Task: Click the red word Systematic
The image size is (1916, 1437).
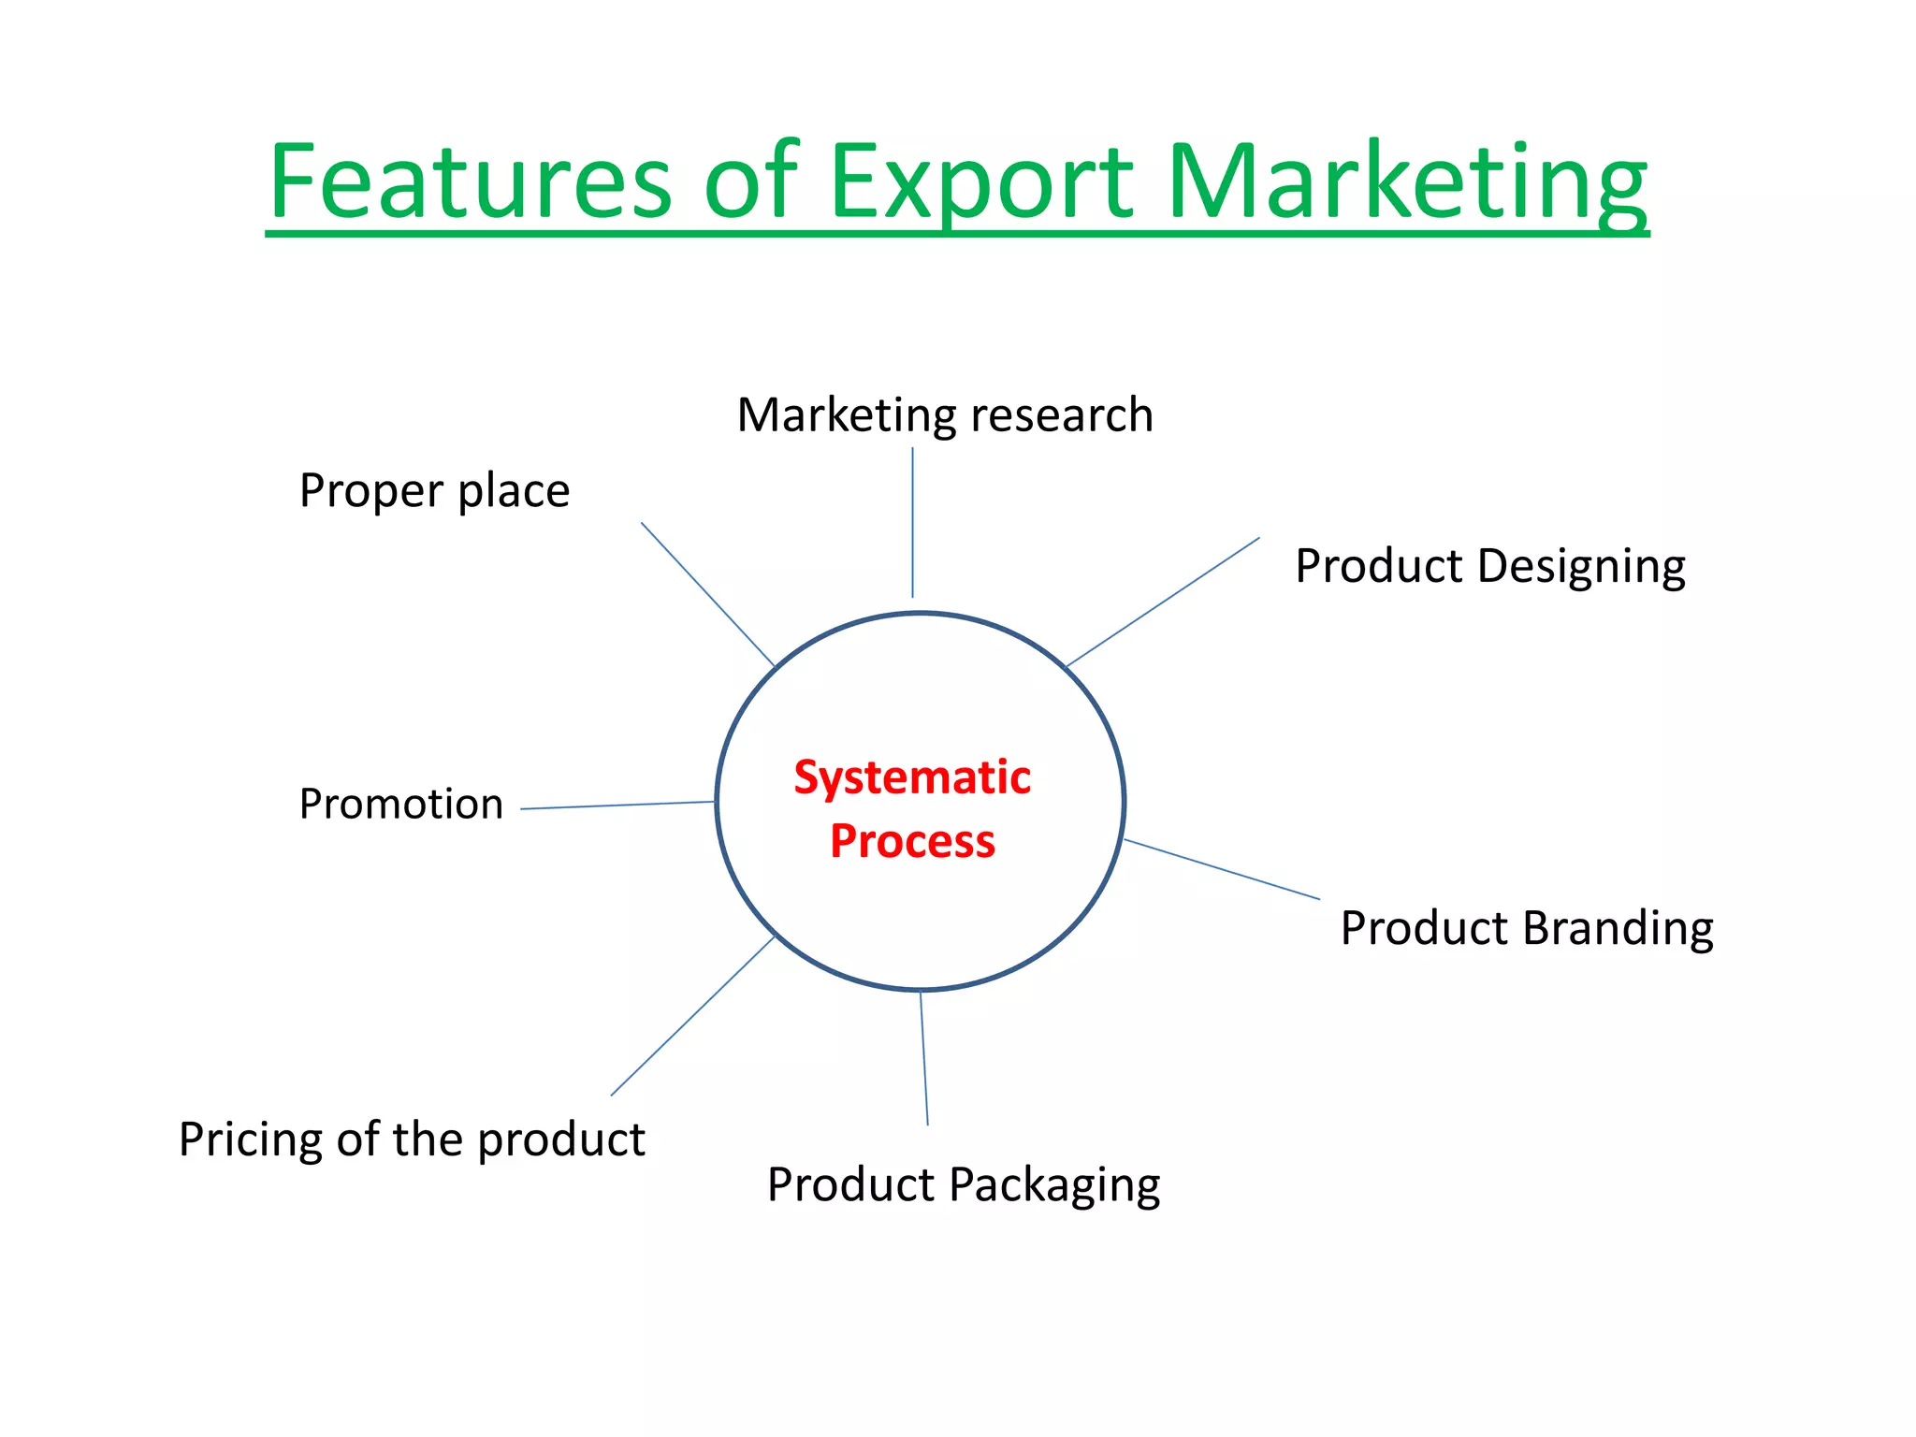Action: point(912,777)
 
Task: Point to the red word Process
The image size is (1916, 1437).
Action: point(912,840)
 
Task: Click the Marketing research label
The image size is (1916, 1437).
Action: point(945,415)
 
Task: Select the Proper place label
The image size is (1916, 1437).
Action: point(434,490)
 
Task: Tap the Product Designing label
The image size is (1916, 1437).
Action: point(1489,566)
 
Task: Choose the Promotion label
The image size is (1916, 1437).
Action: point(401,804)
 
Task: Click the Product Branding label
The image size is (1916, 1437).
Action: point(1526,928)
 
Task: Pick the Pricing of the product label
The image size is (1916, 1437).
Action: point(412,1139)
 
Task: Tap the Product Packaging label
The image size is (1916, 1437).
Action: point(964,1184)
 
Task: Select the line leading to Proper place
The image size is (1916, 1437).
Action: point(707,594)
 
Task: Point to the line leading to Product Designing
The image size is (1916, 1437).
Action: point(1163,602)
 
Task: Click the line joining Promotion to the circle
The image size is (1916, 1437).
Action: point(617,806)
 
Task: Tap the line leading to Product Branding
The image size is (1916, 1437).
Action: point(1221,869)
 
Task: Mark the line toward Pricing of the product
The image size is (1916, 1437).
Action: point(692,1016)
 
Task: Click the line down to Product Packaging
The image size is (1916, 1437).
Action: point(924,1058)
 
